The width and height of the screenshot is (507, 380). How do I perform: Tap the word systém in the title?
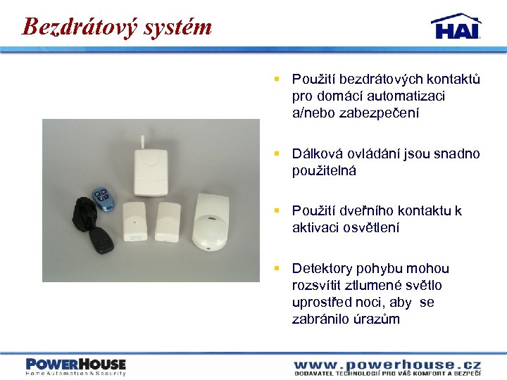coord(177,27)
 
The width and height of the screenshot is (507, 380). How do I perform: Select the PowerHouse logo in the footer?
coord(75,367)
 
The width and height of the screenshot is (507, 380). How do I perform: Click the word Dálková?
coord(317,153)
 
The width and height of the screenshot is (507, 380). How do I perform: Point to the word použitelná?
coord(325,170)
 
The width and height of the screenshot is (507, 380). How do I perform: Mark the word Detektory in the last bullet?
coord(321,268)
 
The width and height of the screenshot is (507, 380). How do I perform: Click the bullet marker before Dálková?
coord(278,153)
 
